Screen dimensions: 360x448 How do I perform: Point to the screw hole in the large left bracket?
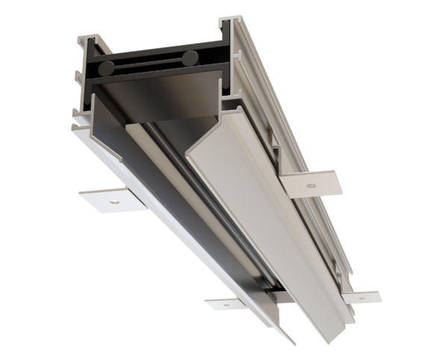(x=113, y=200)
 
